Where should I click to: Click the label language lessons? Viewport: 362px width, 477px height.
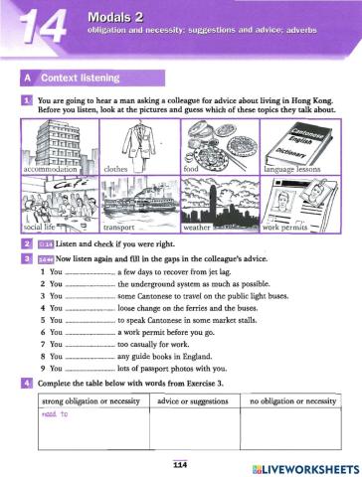295,170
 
